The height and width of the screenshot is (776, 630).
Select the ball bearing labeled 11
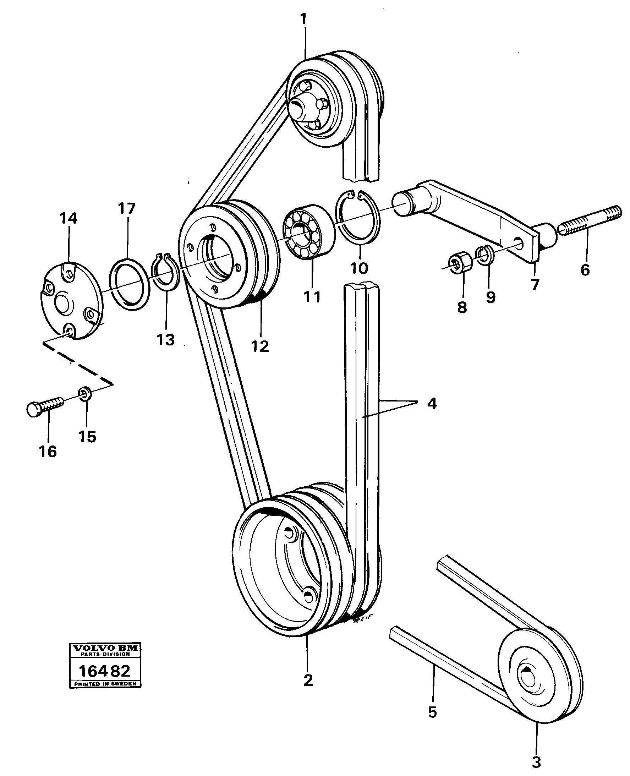pyautogui.click(x=308, y=231)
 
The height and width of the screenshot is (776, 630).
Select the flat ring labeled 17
pyautogui.click(x=130, y=284)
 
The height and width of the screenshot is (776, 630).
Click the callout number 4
pyautogui.click(x=432, y=403)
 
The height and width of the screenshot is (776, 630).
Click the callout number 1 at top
pyautogui.click(x=303, y=19)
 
